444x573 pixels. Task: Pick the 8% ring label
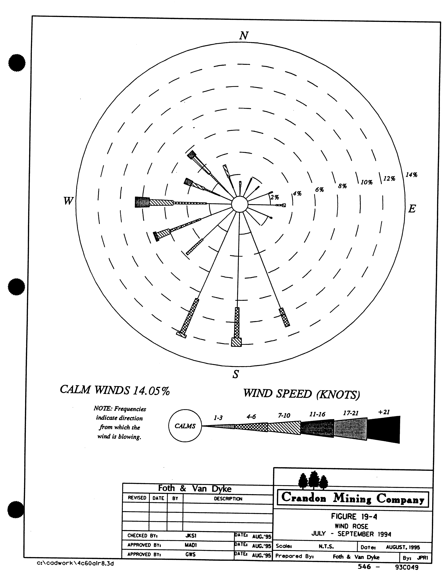click(x=342, y=186)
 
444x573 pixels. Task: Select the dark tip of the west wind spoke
click(x=142, y=202)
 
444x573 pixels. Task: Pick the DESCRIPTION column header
click(x=228, y=499)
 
